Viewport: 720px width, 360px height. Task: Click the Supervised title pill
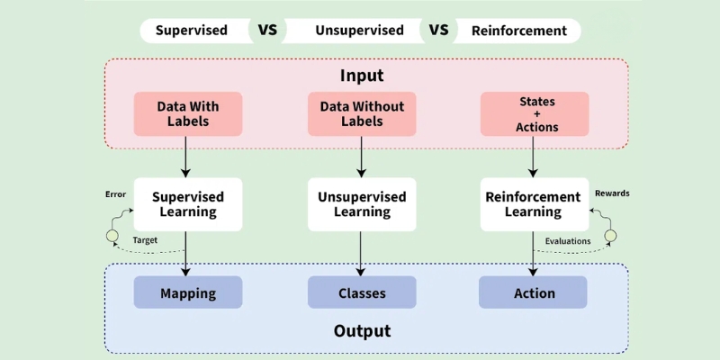pyautogui.click(x=191, y=31)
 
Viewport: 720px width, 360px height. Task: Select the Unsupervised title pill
pyautogui.click(x=359, y=31)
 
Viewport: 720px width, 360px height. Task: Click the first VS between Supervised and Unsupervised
pyautogui.click(x=268, y=30)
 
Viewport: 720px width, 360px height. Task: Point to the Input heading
pyautogui.click(x=361, y=76)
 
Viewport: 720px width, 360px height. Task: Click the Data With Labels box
pyautogui.click(x=187, y=114)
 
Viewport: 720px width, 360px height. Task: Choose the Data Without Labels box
pyautogui.click(x=362, y=114)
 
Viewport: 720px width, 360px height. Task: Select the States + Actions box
pyautogui.click(x=535, y=114)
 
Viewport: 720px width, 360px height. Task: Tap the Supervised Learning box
pyautogui.click(x=187, y=204)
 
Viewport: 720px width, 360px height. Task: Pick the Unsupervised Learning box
pyautogui.click(x=362, y=204)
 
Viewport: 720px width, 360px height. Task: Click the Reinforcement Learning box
pyautogui.click(x=534, y=204)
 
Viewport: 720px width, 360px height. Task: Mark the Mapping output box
pyautogui.click(x=187, y=292)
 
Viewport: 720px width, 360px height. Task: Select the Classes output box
pyautogui.click(x=362, y=292)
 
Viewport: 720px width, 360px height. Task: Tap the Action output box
pyautogui.click(x=534, y=292)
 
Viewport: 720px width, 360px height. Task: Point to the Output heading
pyautogui.click(x=362, y=331)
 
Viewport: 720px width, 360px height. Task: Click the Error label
pyautogui.click(x=115, y=193)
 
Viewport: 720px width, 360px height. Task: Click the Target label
pyautogui.click(x=145, y=241)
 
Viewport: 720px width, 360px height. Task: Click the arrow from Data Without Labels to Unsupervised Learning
pyautogui.click(x=362, y=157)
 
